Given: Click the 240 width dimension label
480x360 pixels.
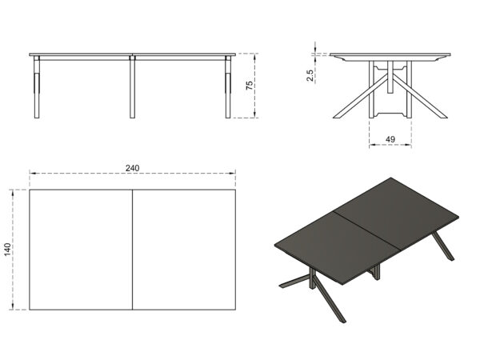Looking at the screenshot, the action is coord(132,168).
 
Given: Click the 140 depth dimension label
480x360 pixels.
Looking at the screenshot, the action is coord(7,249).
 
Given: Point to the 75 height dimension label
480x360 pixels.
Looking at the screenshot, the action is coord(250,85).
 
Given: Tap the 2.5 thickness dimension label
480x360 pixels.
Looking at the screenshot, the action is coord(310,76).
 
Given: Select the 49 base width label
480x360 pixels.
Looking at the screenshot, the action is coord(390,139).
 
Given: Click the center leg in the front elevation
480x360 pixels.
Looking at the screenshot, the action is coord(132,87).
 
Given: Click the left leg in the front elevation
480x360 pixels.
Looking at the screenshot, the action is coord(37,87).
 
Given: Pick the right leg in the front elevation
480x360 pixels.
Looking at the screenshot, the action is coord(228,87).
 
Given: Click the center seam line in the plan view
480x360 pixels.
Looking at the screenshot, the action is coord(132,250).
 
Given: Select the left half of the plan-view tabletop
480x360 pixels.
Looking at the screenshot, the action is coord(81,250).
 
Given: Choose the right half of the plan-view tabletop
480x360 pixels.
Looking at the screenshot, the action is coord(184,250).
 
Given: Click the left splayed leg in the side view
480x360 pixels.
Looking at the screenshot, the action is coord(360,96).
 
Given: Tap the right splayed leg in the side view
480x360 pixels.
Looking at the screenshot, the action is coord(420,96).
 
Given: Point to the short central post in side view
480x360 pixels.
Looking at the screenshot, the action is coord(390,77).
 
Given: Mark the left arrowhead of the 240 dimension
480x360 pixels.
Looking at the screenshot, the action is coord(32,174).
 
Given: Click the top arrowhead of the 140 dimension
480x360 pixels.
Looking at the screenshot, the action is coord(13,192).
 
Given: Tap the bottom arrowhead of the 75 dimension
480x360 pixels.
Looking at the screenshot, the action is coord(254,115).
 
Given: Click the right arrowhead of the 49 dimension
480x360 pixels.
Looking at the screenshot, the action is coord(409,145).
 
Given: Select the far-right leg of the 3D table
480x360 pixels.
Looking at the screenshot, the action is coord(443,246).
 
